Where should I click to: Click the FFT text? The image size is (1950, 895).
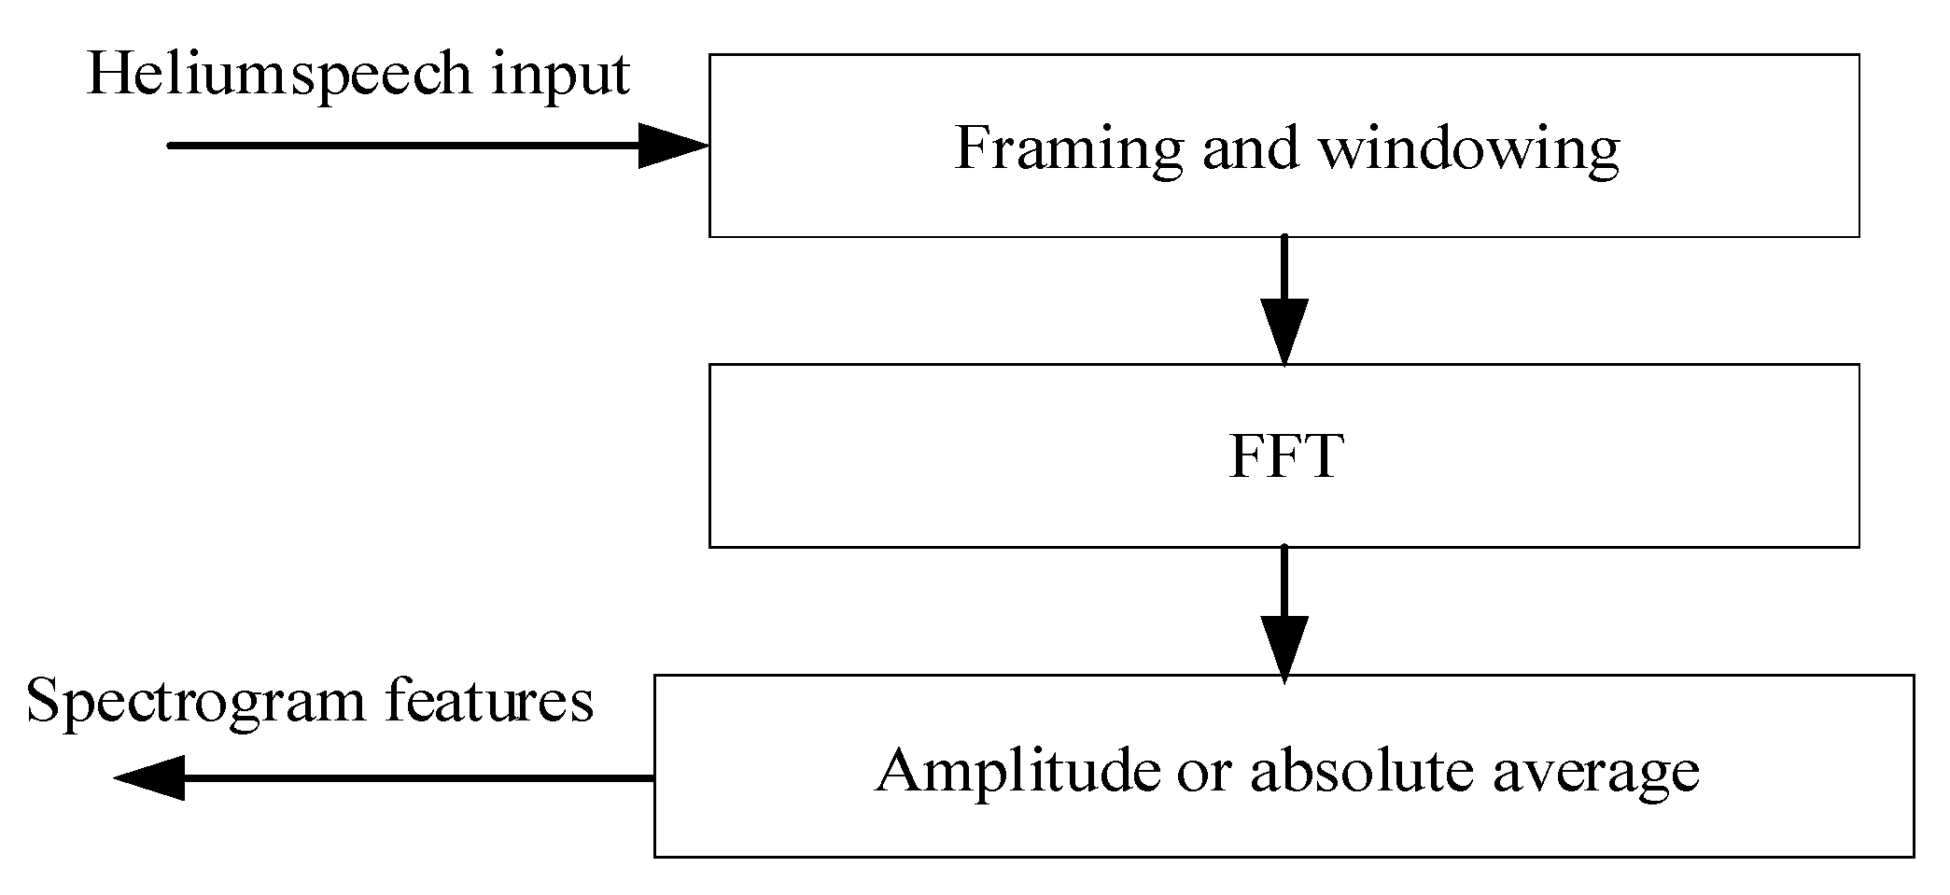1285,457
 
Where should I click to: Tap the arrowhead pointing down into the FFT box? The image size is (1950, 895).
1284,331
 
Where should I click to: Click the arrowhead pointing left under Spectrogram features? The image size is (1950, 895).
149,777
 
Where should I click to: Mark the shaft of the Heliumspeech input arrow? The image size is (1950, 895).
401,146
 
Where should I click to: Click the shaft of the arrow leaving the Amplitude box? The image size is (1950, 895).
420,777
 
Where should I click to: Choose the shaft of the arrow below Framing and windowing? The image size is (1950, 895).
1284,267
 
